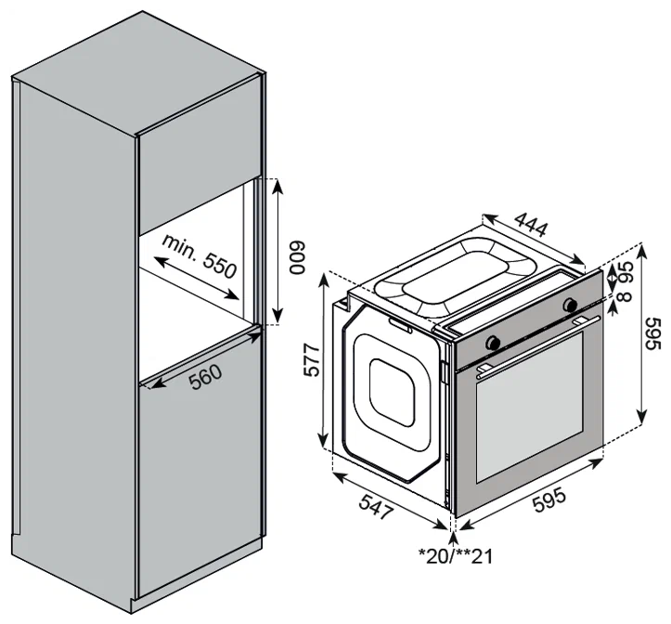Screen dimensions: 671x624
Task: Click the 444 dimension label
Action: click(531, 224)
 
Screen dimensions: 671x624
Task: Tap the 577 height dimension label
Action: click(312, 360)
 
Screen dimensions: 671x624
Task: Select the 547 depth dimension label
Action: click(376, 506)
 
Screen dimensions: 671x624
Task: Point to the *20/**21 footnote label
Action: click(456, 556)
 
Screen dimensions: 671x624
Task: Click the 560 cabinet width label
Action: click(206, 377)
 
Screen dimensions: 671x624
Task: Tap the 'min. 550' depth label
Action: click(199, 255)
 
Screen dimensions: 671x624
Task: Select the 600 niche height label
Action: click(297, 258)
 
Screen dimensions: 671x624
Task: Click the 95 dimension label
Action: click(626, 272)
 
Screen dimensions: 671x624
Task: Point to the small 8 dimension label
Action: click(626, 296)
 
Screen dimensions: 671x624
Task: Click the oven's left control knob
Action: click(493, 342)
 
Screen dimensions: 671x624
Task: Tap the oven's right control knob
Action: click(570, 304)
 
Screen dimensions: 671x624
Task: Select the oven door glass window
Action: click(529, 407)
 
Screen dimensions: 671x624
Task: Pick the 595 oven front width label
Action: click(550, 499)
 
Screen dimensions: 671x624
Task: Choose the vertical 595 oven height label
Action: click(654, 333)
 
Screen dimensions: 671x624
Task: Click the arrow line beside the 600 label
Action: click(277, 251)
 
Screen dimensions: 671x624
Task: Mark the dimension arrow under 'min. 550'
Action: click(196, 279)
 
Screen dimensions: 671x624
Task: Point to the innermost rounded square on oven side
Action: click(392, 393)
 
